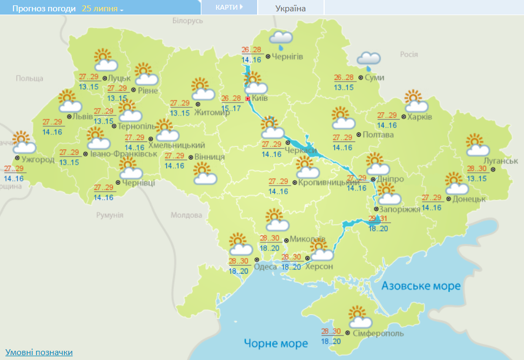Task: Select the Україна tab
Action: [290, 8]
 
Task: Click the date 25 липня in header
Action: [103, 9]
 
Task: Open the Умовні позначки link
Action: [39, 352]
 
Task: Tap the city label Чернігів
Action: [287, 57]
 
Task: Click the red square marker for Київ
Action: [248, 99]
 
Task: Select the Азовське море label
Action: [421, 286]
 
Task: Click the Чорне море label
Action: [276, 343]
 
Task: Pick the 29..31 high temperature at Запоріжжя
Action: [378, 219]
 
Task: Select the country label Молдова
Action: [186, 215]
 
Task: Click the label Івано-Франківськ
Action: [124, 154]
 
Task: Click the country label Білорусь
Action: [187, 21]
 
